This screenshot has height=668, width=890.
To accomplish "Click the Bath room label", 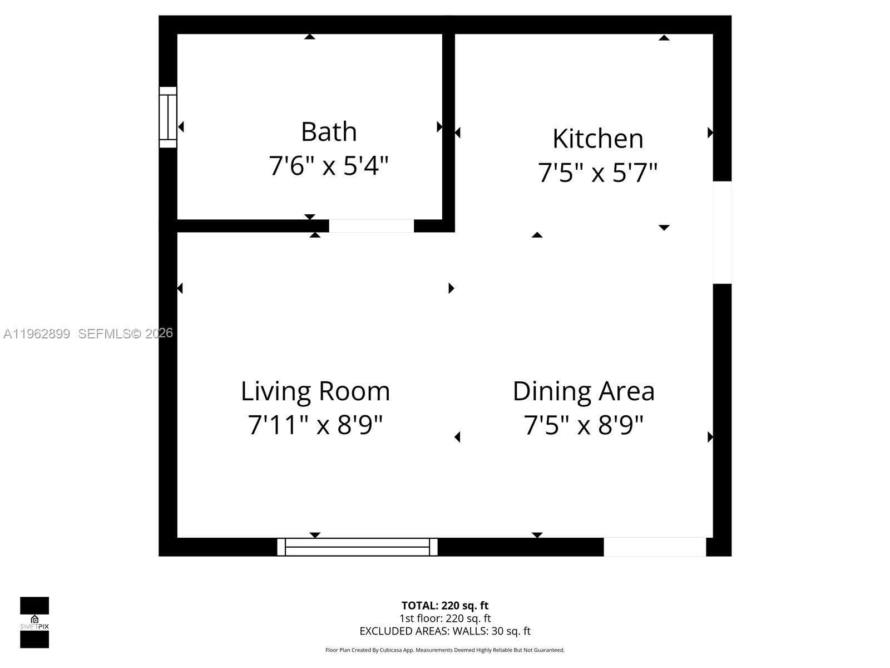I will click(329, 132).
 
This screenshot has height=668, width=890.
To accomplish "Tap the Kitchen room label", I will click(597, 139).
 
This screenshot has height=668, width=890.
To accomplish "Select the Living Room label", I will click(315, 391).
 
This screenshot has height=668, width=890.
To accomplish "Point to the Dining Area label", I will click(584, 391).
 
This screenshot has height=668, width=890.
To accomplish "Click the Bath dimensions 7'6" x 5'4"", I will click(328, 166).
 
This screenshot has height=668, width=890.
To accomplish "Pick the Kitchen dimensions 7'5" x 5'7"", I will click(597, 173).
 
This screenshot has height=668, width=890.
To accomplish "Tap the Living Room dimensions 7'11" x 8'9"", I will click(315, 425).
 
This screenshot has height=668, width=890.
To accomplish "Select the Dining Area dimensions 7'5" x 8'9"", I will click(584, 425).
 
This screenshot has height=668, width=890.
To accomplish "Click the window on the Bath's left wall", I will click(168, 117).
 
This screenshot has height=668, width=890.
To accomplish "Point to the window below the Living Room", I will click(357, 547).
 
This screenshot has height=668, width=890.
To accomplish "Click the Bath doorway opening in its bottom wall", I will click(372, 225).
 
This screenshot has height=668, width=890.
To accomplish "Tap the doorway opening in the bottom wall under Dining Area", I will click(655, 547).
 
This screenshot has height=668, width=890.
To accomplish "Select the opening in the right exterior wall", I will click(722, 232).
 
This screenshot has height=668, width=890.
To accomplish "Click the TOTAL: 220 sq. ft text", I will click(445, 606).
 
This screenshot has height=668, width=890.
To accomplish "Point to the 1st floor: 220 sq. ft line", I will click(445, 618).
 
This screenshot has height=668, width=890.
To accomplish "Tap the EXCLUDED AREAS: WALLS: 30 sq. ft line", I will click(445, 631).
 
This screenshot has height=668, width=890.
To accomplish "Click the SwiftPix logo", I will click(34, 622).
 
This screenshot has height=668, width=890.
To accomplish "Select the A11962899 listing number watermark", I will click(37, 334).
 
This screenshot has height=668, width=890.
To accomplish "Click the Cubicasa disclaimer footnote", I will click(445, 650).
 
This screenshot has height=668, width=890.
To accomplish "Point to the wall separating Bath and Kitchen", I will click(448, 128).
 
